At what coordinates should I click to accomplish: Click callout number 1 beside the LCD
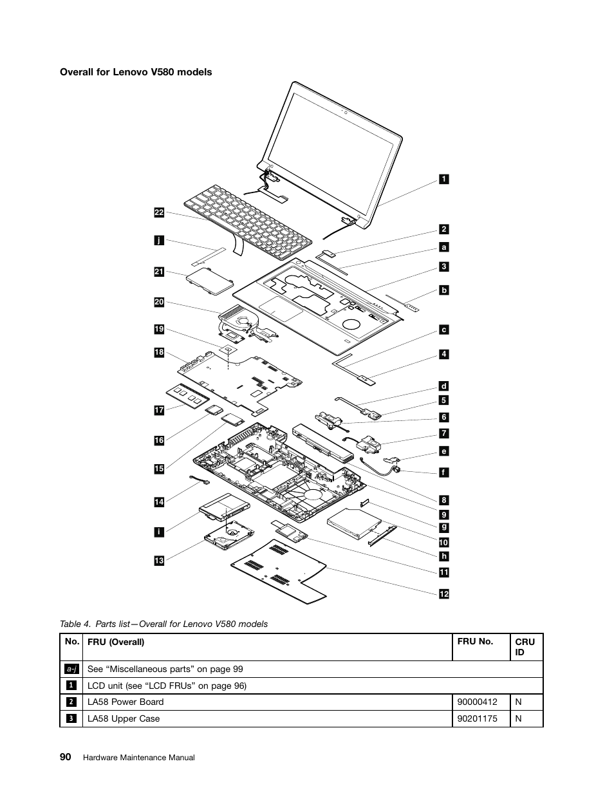click(444, 179)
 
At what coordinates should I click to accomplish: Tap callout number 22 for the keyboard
click(159, 212)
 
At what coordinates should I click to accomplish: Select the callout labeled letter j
click(159, 241)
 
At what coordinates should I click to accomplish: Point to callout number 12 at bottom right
click(444, 594)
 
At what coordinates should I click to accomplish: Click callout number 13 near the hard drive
click(159, 561)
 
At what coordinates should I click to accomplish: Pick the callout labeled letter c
click(444, 330)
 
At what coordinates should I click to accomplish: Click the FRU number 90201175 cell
click(477, 718)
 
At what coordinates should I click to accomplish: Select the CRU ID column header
click(525, 647)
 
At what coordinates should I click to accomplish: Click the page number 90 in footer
click(66, 757)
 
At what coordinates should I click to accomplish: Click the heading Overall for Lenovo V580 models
click(136, 72)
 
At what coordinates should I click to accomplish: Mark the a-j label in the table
click(71, 669)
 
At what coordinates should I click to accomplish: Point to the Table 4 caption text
click(163, 624)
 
